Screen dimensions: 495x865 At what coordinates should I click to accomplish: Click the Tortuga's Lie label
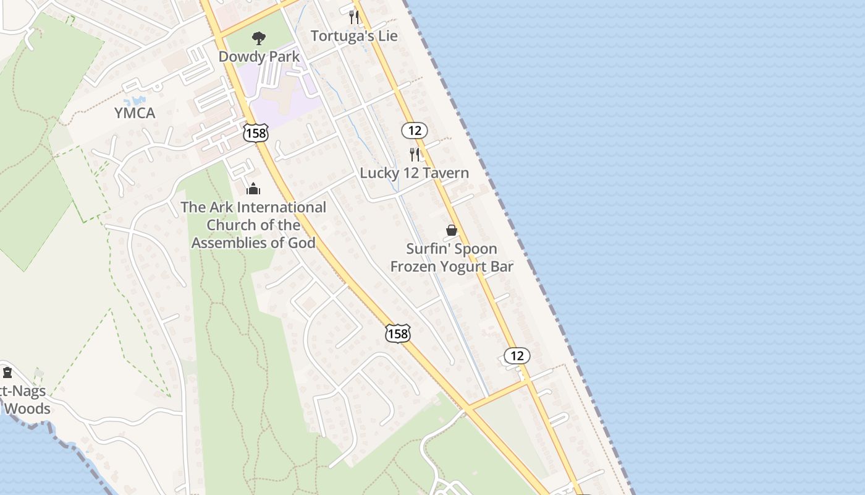(354, 36)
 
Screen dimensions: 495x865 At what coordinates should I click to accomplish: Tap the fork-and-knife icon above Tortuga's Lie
(354, 17)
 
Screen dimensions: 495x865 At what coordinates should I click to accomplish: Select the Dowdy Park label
(259, 56)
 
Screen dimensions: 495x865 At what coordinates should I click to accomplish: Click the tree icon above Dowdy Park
(259, 38)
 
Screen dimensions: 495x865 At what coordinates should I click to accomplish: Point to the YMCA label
(135, 113)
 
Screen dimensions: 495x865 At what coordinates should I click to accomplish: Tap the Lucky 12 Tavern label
(414, 173)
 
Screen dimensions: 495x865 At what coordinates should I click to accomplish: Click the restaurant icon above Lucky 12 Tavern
(415, 154)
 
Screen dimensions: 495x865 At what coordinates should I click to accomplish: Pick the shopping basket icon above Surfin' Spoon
(452, 230)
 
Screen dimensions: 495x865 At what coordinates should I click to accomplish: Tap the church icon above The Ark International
(253, 189)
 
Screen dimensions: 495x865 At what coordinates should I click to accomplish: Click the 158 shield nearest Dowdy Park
(255, 132)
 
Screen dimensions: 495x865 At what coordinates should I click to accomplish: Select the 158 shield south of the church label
(397, 334)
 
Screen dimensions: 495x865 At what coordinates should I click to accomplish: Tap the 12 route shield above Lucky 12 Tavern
(414, 131)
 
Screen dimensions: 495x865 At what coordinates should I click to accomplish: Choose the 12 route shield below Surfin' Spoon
(517, 356)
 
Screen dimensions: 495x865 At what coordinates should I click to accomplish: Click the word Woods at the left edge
(27, 409)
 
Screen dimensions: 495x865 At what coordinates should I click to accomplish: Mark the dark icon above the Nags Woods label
(7, 372)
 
